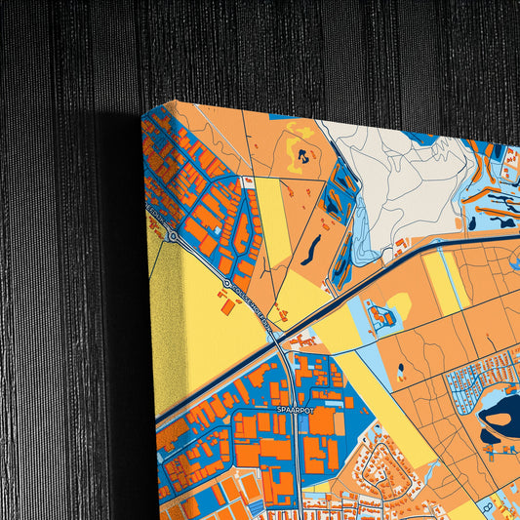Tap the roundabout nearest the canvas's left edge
point(172,235)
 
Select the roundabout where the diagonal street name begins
point(226,284)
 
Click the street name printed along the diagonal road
point(253,307)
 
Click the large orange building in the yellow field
point(227,306)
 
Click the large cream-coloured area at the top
point(390,180)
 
